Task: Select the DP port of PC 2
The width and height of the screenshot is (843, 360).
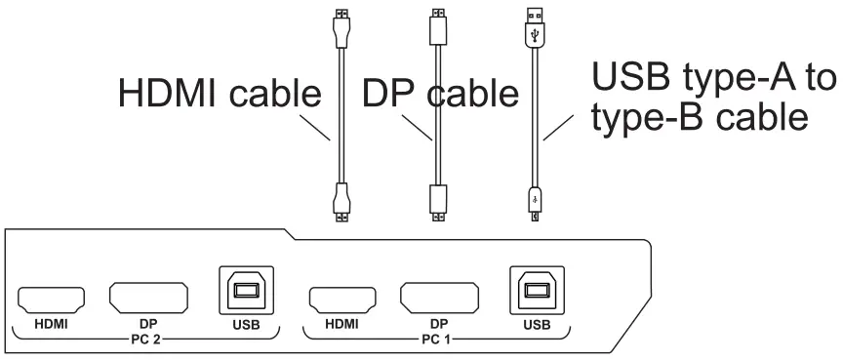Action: [148, 296]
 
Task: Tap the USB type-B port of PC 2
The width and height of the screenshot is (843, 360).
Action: [245, 291]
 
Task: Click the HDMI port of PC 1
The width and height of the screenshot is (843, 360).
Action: [341, 296]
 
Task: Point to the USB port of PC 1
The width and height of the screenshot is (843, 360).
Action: [535, 291]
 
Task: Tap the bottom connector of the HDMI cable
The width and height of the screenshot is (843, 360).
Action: [340, 200]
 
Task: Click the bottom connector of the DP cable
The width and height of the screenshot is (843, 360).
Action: [437, 200]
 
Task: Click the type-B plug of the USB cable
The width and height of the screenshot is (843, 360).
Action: [534, 203]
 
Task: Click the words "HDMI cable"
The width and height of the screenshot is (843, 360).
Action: [220, 94]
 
